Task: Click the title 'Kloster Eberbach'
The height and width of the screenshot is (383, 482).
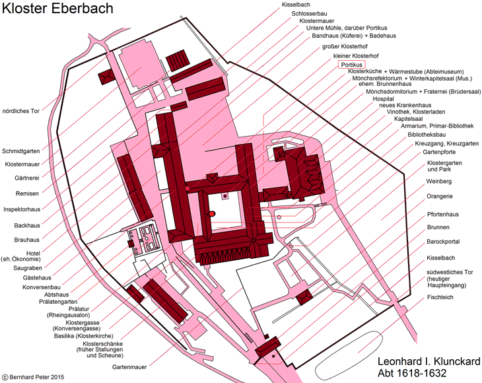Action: click(57, 9)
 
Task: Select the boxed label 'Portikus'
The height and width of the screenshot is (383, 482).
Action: click(352, 65)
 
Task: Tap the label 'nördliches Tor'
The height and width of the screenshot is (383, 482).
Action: click(21, 111)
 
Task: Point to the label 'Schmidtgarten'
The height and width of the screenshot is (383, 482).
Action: click(21, 151)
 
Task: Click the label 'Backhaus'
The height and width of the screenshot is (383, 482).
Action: click(27, 226)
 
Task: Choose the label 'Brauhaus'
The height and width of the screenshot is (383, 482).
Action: click(27, 240)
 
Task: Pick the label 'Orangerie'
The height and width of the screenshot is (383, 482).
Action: click(440, 196)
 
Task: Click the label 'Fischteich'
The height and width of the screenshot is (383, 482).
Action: click(440, 297)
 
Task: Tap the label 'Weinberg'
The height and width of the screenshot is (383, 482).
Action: click(438, 182)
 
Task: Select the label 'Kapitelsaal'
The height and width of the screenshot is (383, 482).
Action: click(409, 119)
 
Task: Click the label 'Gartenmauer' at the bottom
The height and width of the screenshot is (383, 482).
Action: click(129, 367)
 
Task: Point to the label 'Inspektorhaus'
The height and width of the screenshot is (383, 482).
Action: click(22, 209)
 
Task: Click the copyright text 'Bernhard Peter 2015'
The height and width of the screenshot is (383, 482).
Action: click(37, 377)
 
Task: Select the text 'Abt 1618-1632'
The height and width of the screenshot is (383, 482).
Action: click(412, 373)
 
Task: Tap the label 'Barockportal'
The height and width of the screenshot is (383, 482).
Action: click(443, 242)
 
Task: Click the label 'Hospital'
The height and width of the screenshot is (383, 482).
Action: click(384, 99)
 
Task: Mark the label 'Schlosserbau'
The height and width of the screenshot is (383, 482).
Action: click(309, 14)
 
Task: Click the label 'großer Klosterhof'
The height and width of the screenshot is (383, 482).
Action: click(345, 46)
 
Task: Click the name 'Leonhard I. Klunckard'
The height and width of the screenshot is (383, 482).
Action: click(429, 361)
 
